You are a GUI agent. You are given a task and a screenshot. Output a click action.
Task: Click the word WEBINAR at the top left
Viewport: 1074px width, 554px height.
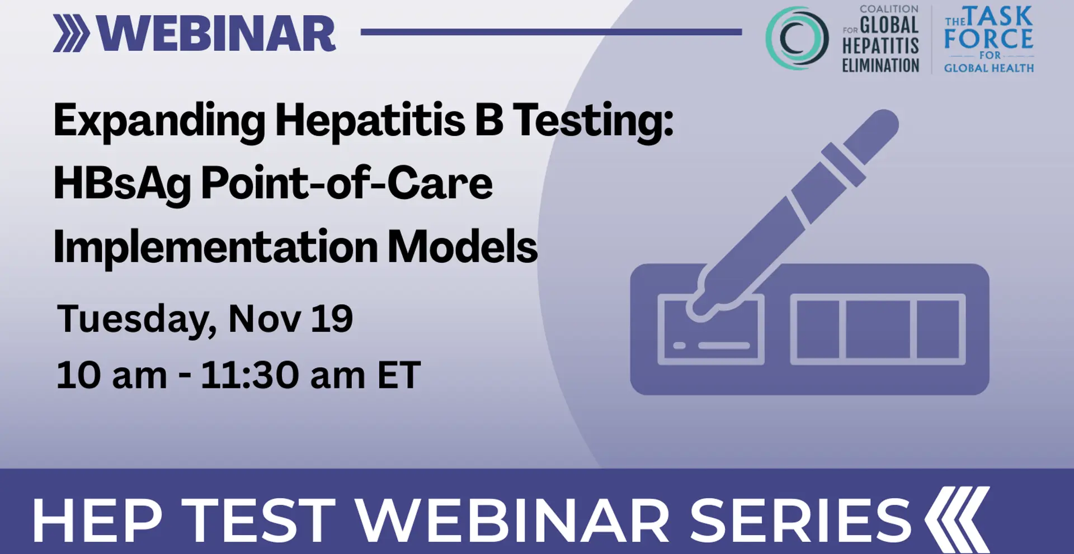point(216,34)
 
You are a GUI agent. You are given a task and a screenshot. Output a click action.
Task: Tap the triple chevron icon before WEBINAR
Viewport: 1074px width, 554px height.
point(72,34)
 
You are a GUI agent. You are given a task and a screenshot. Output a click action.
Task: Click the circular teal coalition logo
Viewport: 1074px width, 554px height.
point(797,38)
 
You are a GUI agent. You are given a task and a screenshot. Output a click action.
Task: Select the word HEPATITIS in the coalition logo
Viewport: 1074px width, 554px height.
point(881,46)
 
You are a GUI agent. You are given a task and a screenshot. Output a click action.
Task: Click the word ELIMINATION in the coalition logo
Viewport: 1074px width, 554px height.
point(881,65)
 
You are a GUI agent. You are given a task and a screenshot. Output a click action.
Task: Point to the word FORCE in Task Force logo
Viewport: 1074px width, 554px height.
point(988,39)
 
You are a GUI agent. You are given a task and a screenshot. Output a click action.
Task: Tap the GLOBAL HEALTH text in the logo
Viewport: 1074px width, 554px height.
point(989,68)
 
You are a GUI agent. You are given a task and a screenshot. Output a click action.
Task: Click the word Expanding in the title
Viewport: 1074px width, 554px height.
point(159,121)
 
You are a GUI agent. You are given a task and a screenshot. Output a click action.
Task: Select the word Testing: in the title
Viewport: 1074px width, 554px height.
point(593,121)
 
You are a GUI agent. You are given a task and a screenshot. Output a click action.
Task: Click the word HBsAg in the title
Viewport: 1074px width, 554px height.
point(123,184)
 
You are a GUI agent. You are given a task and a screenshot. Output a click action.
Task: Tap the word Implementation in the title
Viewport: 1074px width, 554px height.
point(216,247)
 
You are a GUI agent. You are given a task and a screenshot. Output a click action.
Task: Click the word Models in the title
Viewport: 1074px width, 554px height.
point(463,246)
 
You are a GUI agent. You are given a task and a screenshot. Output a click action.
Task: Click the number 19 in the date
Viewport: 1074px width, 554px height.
point(332,319)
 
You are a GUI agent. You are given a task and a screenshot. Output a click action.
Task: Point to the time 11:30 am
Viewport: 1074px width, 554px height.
point(283,375)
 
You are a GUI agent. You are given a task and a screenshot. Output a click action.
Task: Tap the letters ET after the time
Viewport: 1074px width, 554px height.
point(399,375)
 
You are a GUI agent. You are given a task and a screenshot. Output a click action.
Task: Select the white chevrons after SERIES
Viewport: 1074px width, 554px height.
point(957,519)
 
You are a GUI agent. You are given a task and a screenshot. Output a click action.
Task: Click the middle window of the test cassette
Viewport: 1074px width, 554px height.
point(878,329)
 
